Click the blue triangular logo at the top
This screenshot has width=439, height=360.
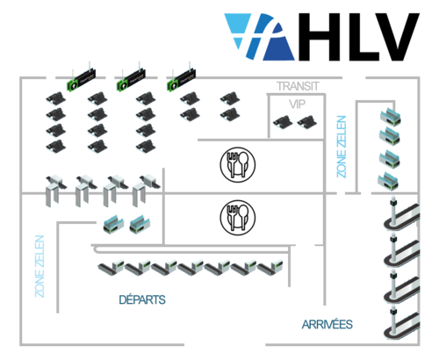click(x=259, y=37)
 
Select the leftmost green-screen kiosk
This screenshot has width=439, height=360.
click(x=81, y=80)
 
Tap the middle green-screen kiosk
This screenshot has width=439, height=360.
click(x=130, y=80)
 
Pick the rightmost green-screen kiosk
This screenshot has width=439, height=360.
click(x=180, y=80)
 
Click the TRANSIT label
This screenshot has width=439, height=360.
click(x=297, y=86)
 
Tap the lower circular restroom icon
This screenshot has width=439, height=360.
click(x=237, y=217)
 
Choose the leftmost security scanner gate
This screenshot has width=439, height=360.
click(x=56, y=185)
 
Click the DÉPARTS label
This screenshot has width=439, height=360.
click(x=141, y=300)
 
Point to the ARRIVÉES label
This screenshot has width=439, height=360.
click(x=327, y=324)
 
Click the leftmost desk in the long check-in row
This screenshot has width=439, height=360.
click(x=112, y=264)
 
